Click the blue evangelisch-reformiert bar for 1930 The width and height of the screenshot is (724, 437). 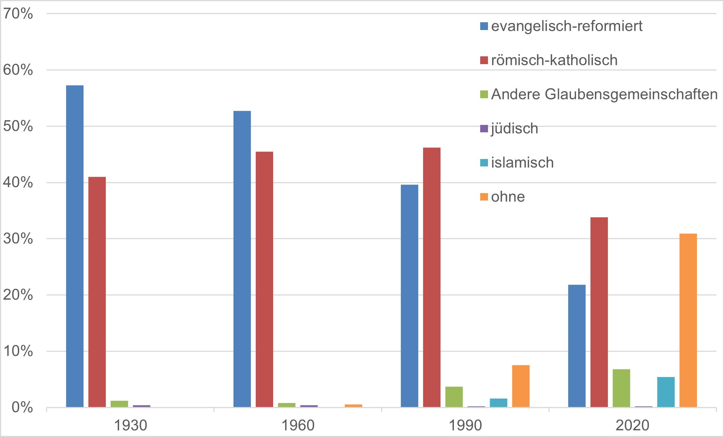75,246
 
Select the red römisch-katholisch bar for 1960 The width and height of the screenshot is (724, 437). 264,279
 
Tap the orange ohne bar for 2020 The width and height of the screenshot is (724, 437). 688,321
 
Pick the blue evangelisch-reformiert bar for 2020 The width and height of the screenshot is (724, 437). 577,346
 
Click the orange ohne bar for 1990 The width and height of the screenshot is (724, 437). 521,386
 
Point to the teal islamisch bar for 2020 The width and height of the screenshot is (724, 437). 666,392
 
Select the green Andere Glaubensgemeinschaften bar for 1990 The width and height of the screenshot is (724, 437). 454,397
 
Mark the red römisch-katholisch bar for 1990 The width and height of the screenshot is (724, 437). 432,278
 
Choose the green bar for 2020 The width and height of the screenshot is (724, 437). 621,388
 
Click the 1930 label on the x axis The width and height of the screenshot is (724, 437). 130,425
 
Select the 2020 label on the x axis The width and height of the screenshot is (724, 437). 632,425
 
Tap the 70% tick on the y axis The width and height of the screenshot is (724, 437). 18,14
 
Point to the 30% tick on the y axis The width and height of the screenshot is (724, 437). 18,239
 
